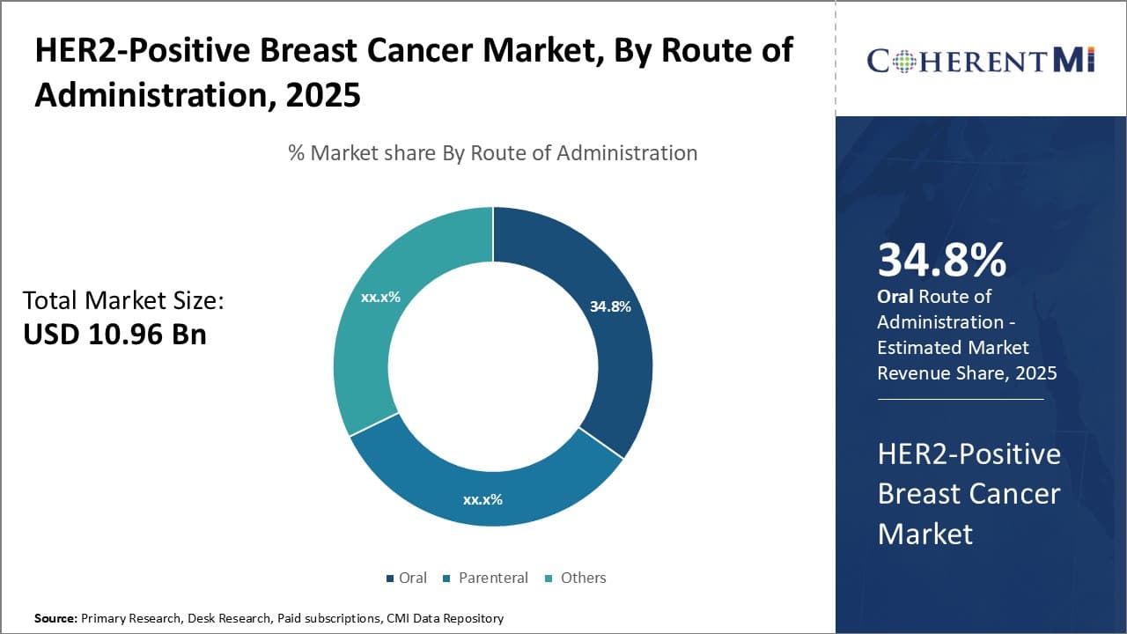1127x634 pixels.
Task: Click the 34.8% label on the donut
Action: point(610,306)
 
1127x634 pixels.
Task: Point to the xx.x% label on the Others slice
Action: point(380,297)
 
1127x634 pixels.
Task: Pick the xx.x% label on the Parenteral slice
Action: point(482,499)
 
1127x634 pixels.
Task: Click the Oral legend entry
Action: point(406,578)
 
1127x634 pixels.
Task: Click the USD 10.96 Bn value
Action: point(114,335)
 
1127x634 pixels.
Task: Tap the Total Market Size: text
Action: point(123,300)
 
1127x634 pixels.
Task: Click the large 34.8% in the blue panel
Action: point(941,260)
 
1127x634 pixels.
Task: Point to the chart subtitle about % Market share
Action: point(492,152)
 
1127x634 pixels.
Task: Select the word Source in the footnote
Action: point(55,618)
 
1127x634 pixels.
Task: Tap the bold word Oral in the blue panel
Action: point(895,297)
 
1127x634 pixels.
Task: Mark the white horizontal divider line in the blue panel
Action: point(960,399)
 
